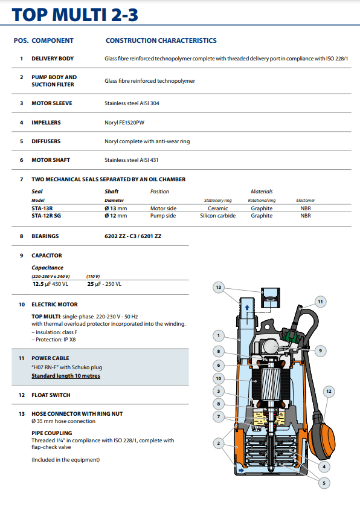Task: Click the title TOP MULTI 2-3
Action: (75, 15)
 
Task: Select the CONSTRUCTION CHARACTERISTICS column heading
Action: (161, 40)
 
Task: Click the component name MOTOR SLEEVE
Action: (52, 103)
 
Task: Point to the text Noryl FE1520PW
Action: (124, 123)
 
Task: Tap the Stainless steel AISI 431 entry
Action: (132, 160)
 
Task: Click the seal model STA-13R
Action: (42, 208)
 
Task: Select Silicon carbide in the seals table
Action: (217, 216)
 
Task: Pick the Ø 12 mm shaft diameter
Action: (116, 216)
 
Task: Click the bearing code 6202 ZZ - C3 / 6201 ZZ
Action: (133, 236)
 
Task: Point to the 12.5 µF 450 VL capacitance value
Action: (50, 284)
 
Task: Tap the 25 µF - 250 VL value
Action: (104, 284)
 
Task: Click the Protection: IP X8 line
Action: (54, 340)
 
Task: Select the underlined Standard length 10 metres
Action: (66, 376)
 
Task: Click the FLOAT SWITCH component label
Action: (51, 395)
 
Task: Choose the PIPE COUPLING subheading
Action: (52, 433)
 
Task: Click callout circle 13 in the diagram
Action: (219, 287)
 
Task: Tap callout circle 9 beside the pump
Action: (320, 350)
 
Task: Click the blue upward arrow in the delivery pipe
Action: (247, 308)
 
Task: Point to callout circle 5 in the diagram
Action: (324, 483)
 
